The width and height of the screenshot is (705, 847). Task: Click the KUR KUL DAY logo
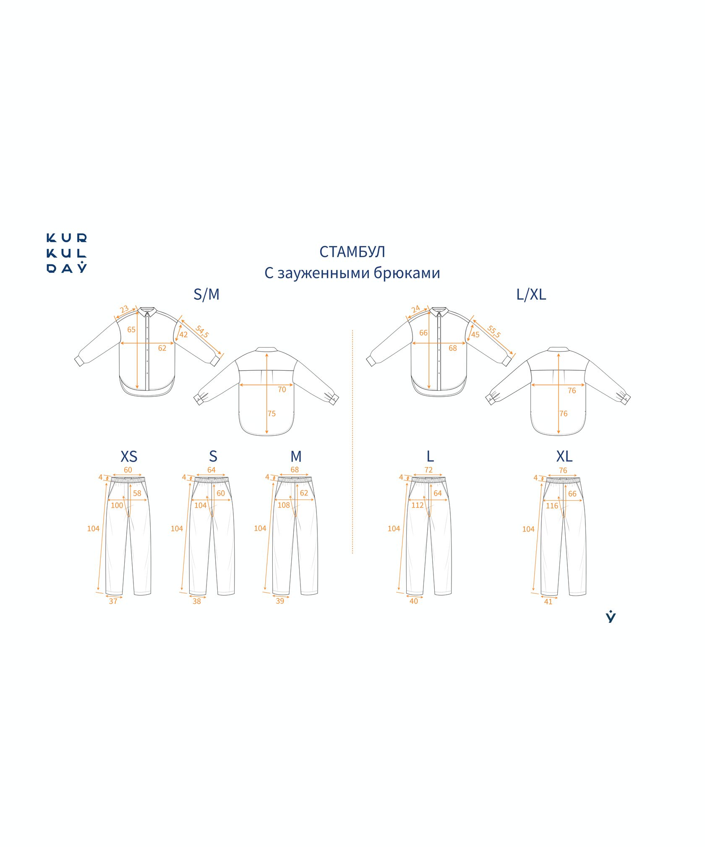point(66,254)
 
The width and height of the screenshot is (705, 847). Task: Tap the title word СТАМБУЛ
point(352,252)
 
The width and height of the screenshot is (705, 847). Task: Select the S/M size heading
point(206,295)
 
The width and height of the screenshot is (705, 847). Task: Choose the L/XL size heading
point(531,295)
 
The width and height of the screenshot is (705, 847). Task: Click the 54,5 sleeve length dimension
point(202,332)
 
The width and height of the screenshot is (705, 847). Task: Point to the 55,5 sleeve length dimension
point(494,332)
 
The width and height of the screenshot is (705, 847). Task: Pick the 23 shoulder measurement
point(124,310)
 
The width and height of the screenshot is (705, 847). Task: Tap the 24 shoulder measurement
point(415,309)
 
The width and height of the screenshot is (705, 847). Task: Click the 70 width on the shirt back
point(282,390)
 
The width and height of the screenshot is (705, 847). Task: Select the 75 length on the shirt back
point(272,414)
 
